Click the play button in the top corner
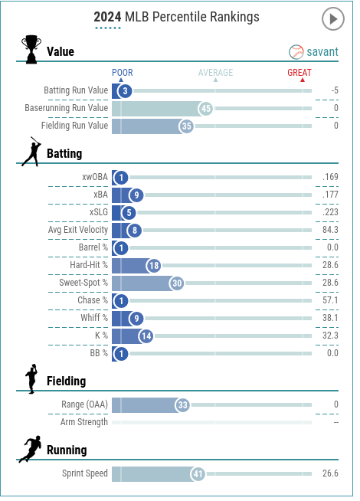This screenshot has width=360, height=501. (333, 19)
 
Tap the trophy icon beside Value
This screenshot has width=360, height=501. (31, 49)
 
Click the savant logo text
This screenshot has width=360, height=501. (322, 52)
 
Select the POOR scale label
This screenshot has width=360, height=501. (122, 73)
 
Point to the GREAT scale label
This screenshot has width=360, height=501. (299, 73)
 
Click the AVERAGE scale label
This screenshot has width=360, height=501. (215, 73)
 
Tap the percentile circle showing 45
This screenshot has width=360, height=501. (206, 109)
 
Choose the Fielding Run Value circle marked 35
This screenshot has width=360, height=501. (187, 126)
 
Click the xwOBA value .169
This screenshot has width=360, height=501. (330, 177)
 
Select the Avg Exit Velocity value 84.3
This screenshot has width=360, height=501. (330, 230)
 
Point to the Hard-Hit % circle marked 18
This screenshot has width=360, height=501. (154, 266)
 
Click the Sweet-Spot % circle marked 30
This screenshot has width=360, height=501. (177, 283)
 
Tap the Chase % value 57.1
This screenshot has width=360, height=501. (330, 300)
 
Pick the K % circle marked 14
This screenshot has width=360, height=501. (146, 336)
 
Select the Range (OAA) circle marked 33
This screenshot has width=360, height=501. (182, 405)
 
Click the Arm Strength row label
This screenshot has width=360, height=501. (84, 422)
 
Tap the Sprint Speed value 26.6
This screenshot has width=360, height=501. (330, 473)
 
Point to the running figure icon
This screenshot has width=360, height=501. (30, 449)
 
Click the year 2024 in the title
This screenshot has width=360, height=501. (107, 17)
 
